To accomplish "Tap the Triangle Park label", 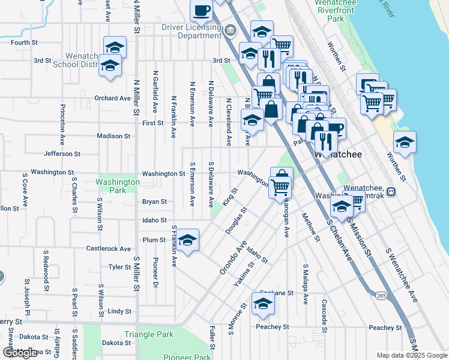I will [148, 334].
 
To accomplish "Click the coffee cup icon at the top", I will [202, 10].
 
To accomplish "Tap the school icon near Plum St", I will [187, 241].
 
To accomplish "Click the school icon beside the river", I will [405, 142].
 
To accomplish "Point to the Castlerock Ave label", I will [108, 248].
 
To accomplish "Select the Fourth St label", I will [24, 43].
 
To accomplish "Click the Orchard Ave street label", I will [112, 98].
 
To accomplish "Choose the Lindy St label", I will [119, 311].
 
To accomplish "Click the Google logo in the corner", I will [20, 353].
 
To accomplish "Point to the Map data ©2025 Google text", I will [411, 355].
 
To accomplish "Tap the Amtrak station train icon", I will [391, 192].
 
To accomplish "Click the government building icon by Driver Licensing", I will [230, 30].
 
